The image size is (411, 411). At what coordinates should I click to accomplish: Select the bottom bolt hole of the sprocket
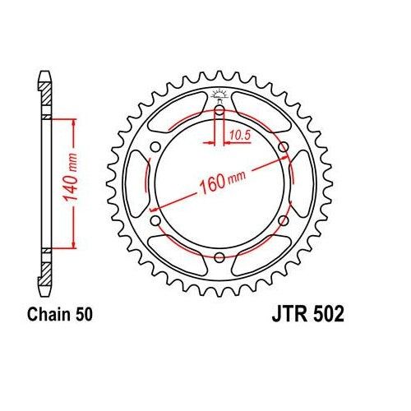219,256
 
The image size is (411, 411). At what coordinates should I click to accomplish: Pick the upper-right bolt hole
283,148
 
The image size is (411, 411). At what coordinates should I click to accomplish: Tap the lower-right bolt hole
283,219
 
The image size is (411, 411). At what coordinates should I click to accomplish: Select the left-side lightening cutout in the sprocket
136,184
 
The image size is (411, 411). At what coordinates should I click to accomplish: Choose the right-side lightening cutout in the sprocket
302,184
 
